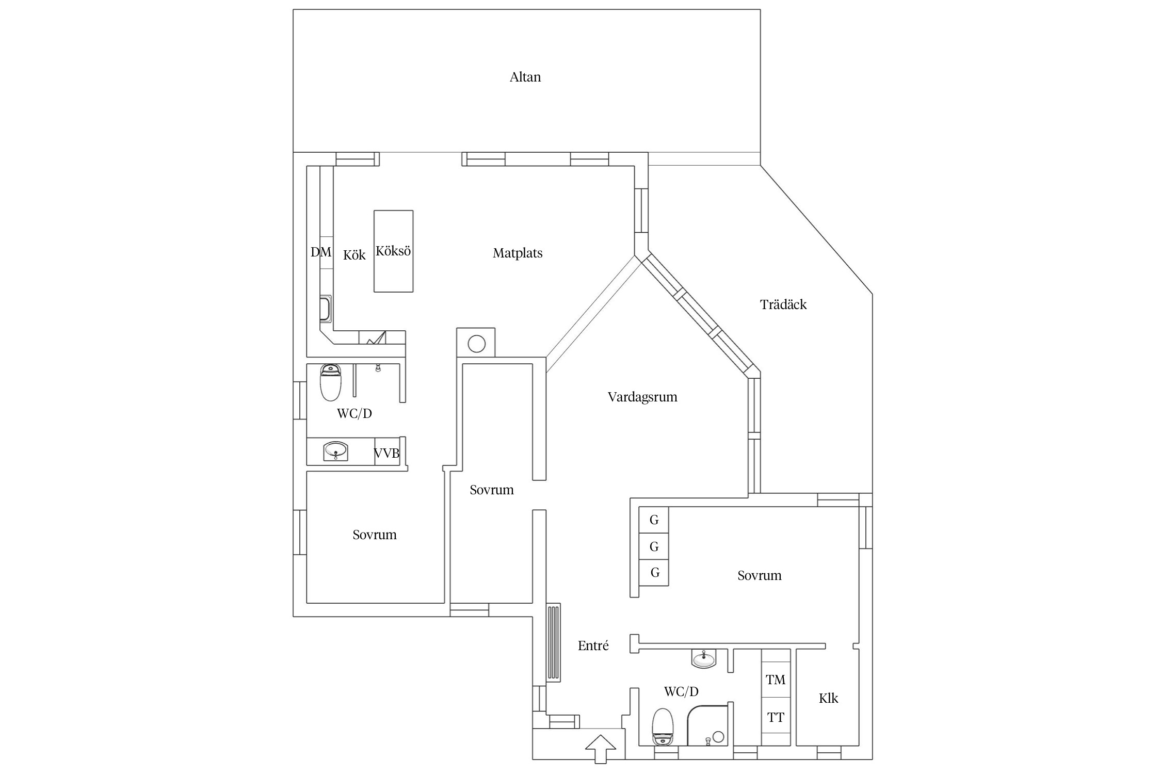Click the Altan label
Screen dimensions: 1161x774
pyautogui.click(x=525, y=77)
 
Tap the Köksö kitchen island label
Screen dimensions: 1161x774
pyautogui.click(x=393, y=251)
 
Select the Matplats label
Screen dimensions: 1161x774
pyautogui.click(x=518, y=253)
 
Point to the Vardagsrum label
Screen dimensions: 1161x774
pyautogui.click(x=642, y=397)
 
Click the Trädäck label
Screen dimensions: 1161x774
pyautogui.click(x=783, y=304)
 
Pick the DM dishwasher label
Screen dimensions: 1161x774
pyautogui.click(x=321, y=252)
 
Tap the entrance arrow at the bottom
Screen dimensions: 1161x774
pyautogui.click(x=601, y=749)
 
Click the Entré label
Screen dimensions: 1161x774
pyautogui.click(x=593, y=646)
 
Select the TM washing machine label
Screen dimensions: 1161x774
pyautogui.click(x=776, y=680)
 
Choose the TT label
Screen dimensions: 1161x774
pyautogui.click(x=776, y=718)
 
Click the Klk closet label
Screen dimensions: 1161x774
pyautogui.click(x=829, y=699)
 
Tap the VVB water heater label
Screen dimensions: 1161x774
pyautogui.click(x=386, y=454)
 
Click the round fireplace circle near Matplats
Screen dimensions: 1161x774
pyautogui.click(x=476, y=344)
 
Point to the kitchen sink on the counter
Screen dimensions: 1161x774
pyautogui.click(x=325, y=309)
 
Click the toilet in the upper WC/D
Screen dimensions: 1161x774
pyautogui.click(x=331, y=382)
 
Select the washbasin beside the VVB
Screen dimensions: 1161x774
pyautogui.click(x=336, y=451)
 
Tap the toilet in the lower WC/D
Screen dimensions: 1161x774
pyautogui.click(x=663, y=727)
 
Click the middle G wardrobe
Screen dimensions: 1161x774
pyautogui.click(x=654, y=546)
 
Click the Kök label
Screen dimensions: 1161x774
pyautogui.click(x=354, y=255)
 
